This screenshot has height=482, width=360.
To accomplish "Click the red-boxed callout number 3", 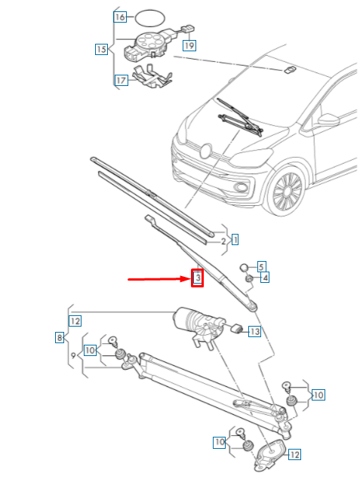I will tap(196, 278).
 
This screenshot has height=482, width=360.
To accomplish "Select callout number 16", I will tap(120, 16).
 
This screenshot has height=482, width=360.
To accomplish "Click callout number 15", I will tap(100, 50).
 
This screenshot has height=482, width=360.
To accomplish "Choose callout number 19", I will tap(189, 45).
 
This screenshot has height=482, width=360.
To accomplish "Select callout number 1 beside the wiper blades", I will tap(235, 240).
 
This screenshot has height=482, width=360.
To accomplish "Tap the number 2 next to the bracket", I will tap(223, 241).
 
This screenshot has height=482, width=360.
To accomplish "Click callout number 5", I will tap(261, 266).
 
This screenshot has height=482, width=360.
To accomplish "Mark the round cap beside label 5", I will tap(245, 267).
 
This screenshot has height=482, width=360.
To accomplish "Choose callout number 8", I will tap(60, 339).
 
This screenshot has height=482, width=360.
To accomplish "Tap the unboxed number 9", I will tap(73, 355).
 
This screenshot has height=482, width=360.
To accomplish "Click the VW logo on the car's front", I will tap(204, 150).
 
